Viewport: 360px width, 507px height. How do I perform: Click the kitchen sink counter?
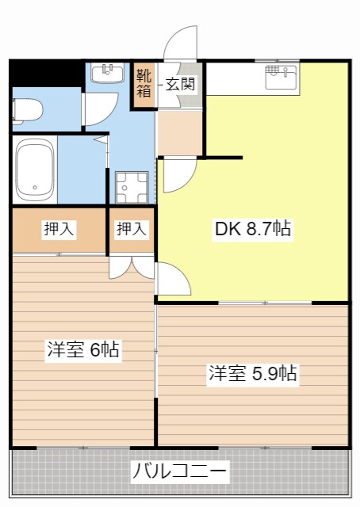pyautogui.click(x=280, y=78)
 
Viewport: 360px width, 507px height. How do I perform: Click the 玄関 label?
pyautogui.click(x=180, y=83)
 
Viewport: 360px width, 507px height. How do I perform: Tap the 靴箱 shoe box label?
pyautogui.click(x=144, y=83)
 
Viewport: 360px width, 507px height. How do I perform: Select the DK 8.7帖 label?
pyautogui.click(x=253, y=230)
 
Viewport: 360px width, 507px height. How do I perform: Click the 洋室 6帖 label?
pyautogui.click(x=82, y=349)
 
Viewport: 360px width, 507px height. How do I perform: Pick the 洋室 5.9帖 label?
pyautogui.click(x=253, y=373)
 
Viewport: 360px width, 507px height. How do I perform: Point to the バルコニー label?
pyautogui.click(x=180, y=473)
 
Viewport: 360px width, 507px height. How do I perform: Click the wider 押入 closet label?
pyautogui.click(x=59, y=230)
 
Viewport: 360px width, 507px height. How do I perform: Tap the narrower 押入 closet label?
pyautogui.click(x=132, y=230)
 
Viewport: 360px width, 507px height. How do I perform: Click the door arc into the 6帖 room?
pyautogui.click(x=174, y=280)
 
